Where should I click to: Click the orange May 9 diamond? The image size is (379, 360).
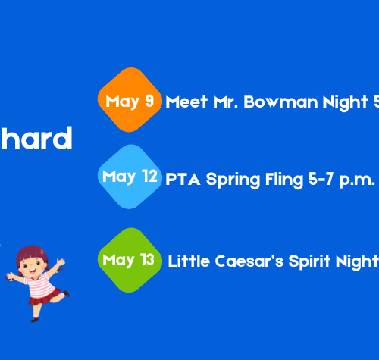130,100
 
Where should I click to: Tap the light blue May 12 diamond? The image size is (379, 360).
130,177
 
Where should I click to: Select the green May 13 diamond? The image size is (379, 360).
130,260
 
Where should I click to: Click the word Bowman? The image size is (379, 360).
280,102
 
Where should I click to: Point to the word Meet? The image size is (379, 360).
186,102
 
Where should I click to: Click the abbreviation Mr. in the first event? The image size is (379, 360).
226,102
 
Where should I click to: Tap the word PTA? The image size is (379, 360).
183,180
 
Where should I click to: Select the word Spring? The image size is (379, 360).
233,180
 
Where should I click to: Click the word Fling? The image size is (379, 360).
284,180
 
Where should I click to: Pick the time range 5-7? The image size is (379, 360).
321,179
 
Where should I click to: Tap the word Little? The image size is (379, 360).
189,261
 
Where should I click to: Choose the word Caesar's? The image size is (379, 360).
249,261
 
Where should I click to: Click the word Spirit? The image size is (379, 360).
309,262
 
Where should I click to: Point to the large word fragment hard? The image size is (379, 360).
36,138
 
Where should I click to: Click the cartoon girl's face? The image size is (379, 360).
32,265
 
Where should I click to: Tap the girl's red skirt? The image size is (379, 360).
44,298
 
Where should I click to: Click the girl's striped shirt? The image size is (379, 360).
39,283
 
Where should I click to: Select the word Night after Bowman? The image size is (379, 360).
345,103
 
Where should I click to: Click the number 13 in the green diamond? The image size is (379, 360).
147,259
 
